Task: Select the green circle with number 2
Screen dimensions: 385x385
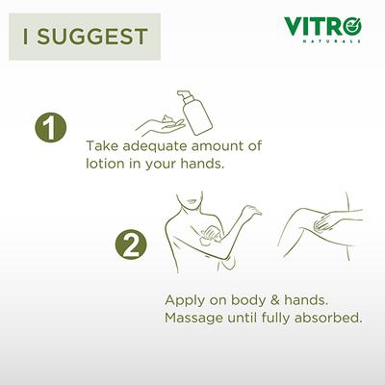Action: coord(133,243)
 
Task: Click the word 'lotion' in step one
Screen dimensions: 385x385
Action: coord(108,164)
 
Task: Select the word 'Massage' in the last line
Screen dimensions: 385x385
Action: coord(197,317)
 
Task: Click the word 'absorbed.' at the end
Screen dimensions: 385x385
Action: coord(330,317)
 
